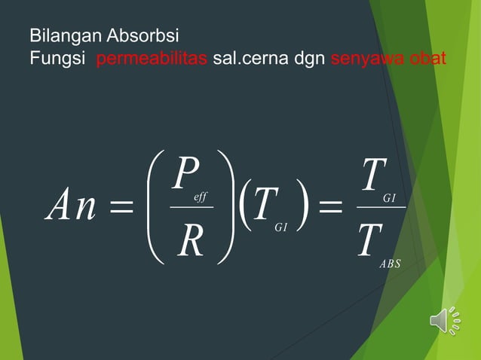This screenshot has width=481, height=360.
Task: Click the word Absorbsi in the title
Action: [142, 35]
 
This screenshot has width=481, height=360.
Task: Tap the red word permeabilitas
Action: [152, 58]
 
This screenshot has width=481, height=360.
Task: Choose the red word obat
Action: [426, 58]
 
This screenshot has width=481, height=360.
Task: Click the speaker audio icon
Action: [445, 320]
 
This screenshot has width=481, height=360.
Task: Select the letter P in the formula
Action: [184, 173]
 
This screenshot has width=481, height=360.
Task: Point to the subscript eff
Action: [201, 197]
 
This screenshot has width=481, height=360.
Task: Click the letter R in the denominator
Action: [188, 243]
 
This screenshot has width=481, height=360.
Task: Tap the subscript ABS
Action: [390, 264]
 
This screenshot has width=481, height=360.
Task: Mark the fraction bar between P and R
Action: [191, 206]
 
